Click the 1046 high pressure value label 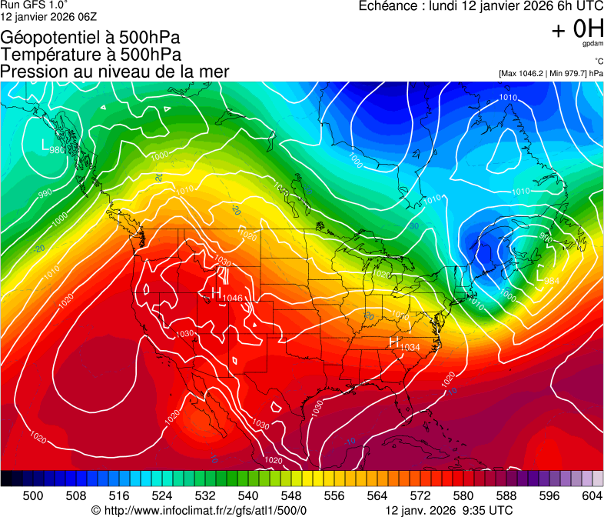(x=233, y=298)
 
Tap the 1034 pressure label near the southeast (x=409, y=348)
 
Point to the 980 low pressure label (x=57, y=150)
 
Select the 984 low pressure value (x=551, y=281)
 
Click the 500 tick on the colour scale (x=33, y=495)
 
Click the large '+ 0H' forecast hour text (x=577, y=29)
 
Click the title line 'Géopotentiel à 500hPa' (x=90, y=38)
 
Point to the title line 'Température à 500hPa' (x=91, y=55)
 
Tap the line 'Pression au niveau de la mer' (x=114, y=72)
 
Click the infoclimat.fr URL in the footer (x=199, y=510)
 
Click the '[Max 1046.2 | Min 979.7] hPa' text (x=551, y=73)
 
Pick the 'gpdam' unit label (x=592, y=45)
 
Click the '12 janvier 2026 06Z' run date (x=48, y=17)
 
